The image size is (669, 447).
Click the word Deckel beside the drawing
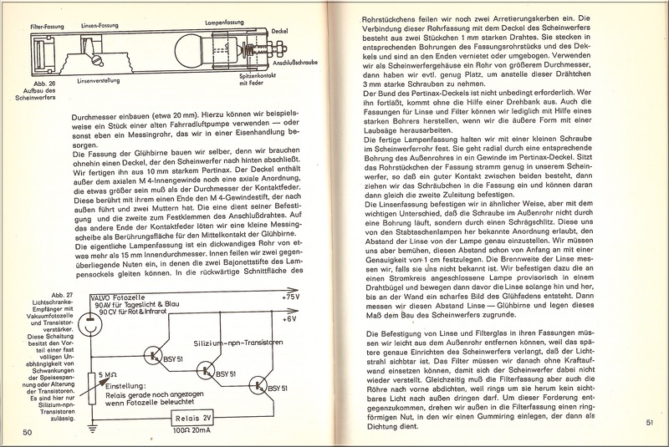282,29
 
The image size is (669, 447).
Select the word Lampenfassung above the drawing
218,18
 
